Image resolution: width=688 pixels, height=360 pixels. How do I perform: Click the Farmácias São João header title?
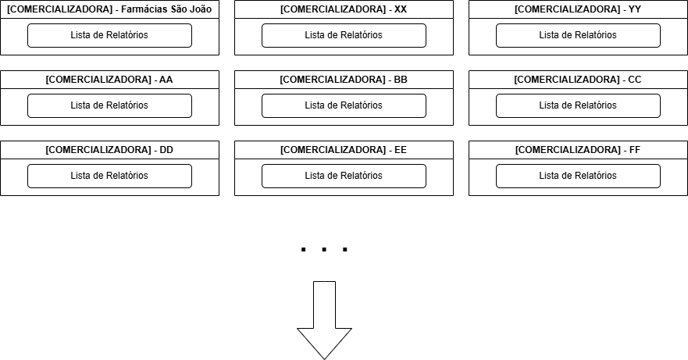109,9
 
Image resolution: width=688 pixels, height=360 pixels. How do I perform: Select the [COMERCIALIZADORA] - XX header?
344,9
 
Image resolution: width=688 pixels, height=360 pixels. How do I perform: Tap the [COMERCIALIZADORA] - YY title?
578,9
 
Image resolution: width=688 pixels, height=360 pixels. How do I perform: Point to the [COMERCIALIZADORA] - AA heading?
109,80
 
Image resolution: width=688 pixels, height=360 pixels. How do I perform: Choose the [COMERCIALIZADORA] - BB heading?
344,80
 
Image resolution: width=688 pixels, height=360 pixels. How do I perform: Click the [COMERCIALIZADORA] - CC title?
578,80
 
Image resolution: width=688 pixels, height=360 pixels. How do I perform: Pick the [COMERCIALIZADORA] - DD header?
109,150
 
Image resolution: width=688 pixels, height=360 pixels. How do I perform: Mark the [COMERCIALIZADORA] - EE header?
344,150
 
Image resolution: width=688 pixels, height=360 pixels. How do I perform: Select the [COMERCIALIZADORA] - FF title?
578,150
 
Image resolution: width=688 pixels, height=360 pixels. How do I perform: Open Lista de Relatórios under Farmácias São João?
109,35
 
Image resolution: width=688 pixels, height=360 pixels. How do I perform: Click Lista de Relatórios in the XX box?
344,35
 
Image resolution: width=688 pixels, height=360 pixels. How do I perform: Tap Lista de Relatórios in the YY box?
579,35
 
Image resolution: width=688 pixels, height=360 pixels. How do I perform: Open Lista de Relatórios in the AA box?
109,105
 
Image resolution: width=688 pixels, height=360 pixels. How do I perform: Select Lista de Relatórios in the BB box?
344,105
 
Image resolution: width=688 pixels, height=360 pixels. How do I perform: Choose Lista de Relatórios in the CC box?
579,105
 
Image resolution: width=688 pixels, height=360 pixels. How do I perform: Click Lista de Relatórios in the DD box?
109,176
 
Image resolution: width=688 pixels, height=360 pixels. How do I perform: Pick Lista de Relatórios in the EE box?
344,176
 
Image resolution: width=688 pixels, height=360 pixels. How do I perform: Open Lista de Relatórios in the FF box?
579,176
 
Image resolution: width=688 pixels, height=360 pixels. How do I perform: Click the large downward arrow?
324,320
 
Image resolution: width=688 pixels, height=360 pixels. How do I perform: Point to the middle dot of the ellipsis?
324,250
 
